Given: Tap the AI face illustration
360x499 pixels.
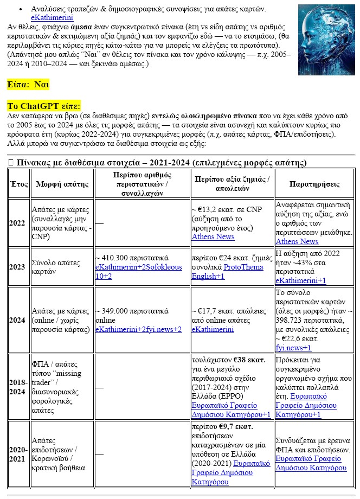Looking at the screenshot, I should (x=326, y=40).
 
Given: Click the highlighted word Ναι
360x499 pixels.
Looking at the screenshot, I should (x=42, y=85).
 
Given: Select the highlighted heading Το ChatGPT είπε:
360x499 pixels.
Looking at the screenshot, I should (x=44, y=106).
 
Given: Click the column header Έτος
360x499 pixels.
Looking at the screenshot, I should (x=19, y=184).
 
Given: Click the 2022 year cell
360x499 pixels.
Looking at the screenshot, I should (x=17, y=223).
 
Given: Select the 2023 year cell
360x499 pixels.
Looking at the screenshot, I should (x=17, y=267).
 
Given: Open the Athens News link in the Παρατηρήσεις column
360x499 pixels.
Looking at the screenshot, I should (x=297, y=241).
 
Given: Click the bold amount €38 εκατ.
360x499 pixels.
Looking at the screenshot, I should (x=249, y=359).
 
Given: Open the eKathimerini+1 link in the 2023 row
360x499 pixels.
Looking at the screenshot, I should (x=301, y=280).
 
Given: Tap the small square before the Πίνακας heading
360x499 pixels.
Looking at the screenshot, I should (x=11, y=163).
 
